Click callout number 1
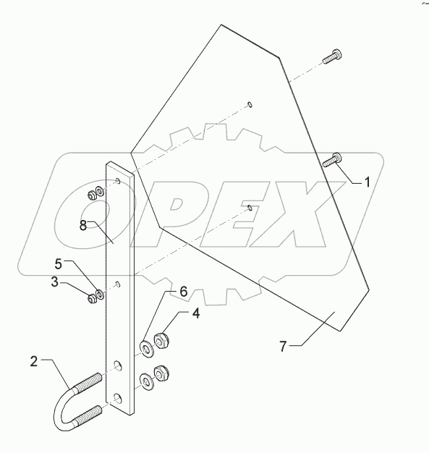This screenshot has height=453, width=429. (x=367, y=182)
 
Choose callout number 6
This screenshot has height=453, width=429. (x=183, y=291)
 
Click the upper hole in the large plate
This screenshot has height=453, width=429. (x=250, y=104)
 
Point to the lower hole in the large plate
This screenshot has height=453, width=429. (x=250, y=208)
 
